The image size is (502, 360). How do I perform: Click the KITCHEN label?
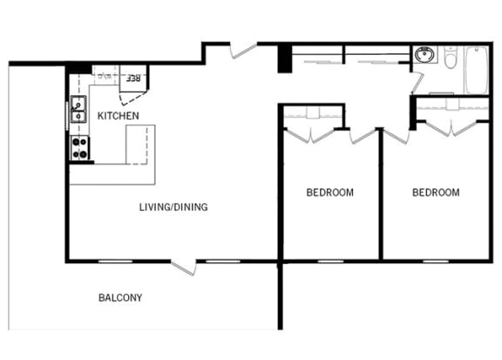coord(119,116)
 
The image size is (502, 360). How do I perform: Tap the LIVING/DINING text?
coord(173,207)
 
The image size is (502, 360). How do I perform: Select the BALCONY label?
coord(120,297)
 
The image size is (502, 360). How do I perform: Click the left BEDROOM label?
coord(329,192)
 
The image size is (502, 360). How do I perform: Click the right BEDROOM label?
coord(436,192)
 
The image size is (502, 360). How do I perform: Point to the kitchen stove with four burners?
coord(79,147)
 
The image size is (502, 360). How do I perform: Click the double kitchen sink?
coord(78,109)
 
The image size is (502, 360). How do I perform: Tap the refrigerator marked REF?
coord(132,78)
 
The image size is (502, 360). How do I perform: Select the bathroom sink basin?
coord(424,54)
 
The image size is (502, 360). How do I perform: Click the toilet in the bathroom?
coord(451,58)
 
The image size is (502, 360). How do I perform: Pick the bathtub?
coord(477,70)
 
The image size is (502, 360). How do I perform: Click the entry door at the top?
coord(244,51)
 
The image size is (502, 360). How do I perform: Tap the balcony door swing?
coord(184,268)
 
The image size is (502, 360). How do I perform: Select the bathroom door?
coord(417,83)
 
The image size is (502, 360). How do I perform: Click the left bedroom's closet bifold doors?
coord(310,135)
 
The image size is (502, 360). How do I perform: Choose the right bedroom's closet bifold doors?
coord(451,129)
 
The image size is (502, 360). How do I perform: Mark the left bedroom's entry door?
coord(363,136)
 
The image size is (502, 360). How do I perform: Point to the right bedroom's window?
coord(436,262)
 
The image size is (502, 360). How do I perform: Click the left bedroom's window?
coord(330,262)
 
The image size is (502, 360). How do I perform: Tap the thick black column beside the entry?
coord(285,58)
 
